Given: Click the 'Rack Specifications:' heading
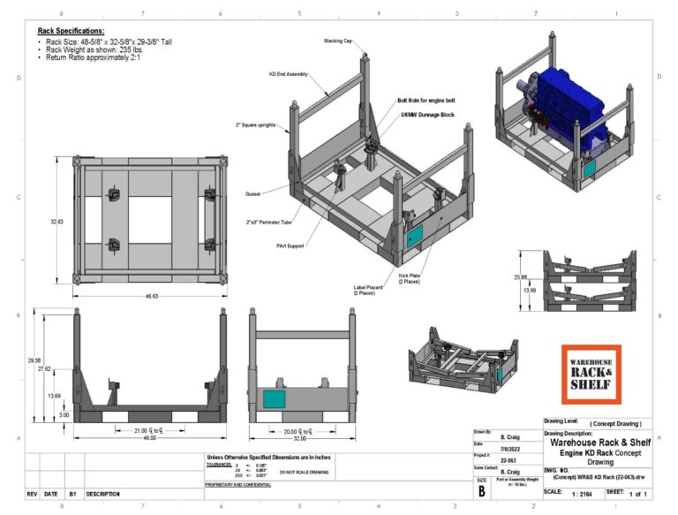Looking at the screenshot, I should point(71,31).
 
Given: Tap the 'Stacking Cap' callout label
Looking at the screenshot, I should point(338,41).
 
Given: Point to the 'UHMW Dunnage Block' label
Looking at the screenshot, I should point(427,115).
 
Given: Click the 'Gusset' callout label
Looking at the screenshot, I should point(253,193).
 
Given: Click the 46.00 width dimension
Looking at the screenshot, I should point(143,436).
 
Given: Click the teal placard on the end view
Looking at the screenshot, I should point(275,399).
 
